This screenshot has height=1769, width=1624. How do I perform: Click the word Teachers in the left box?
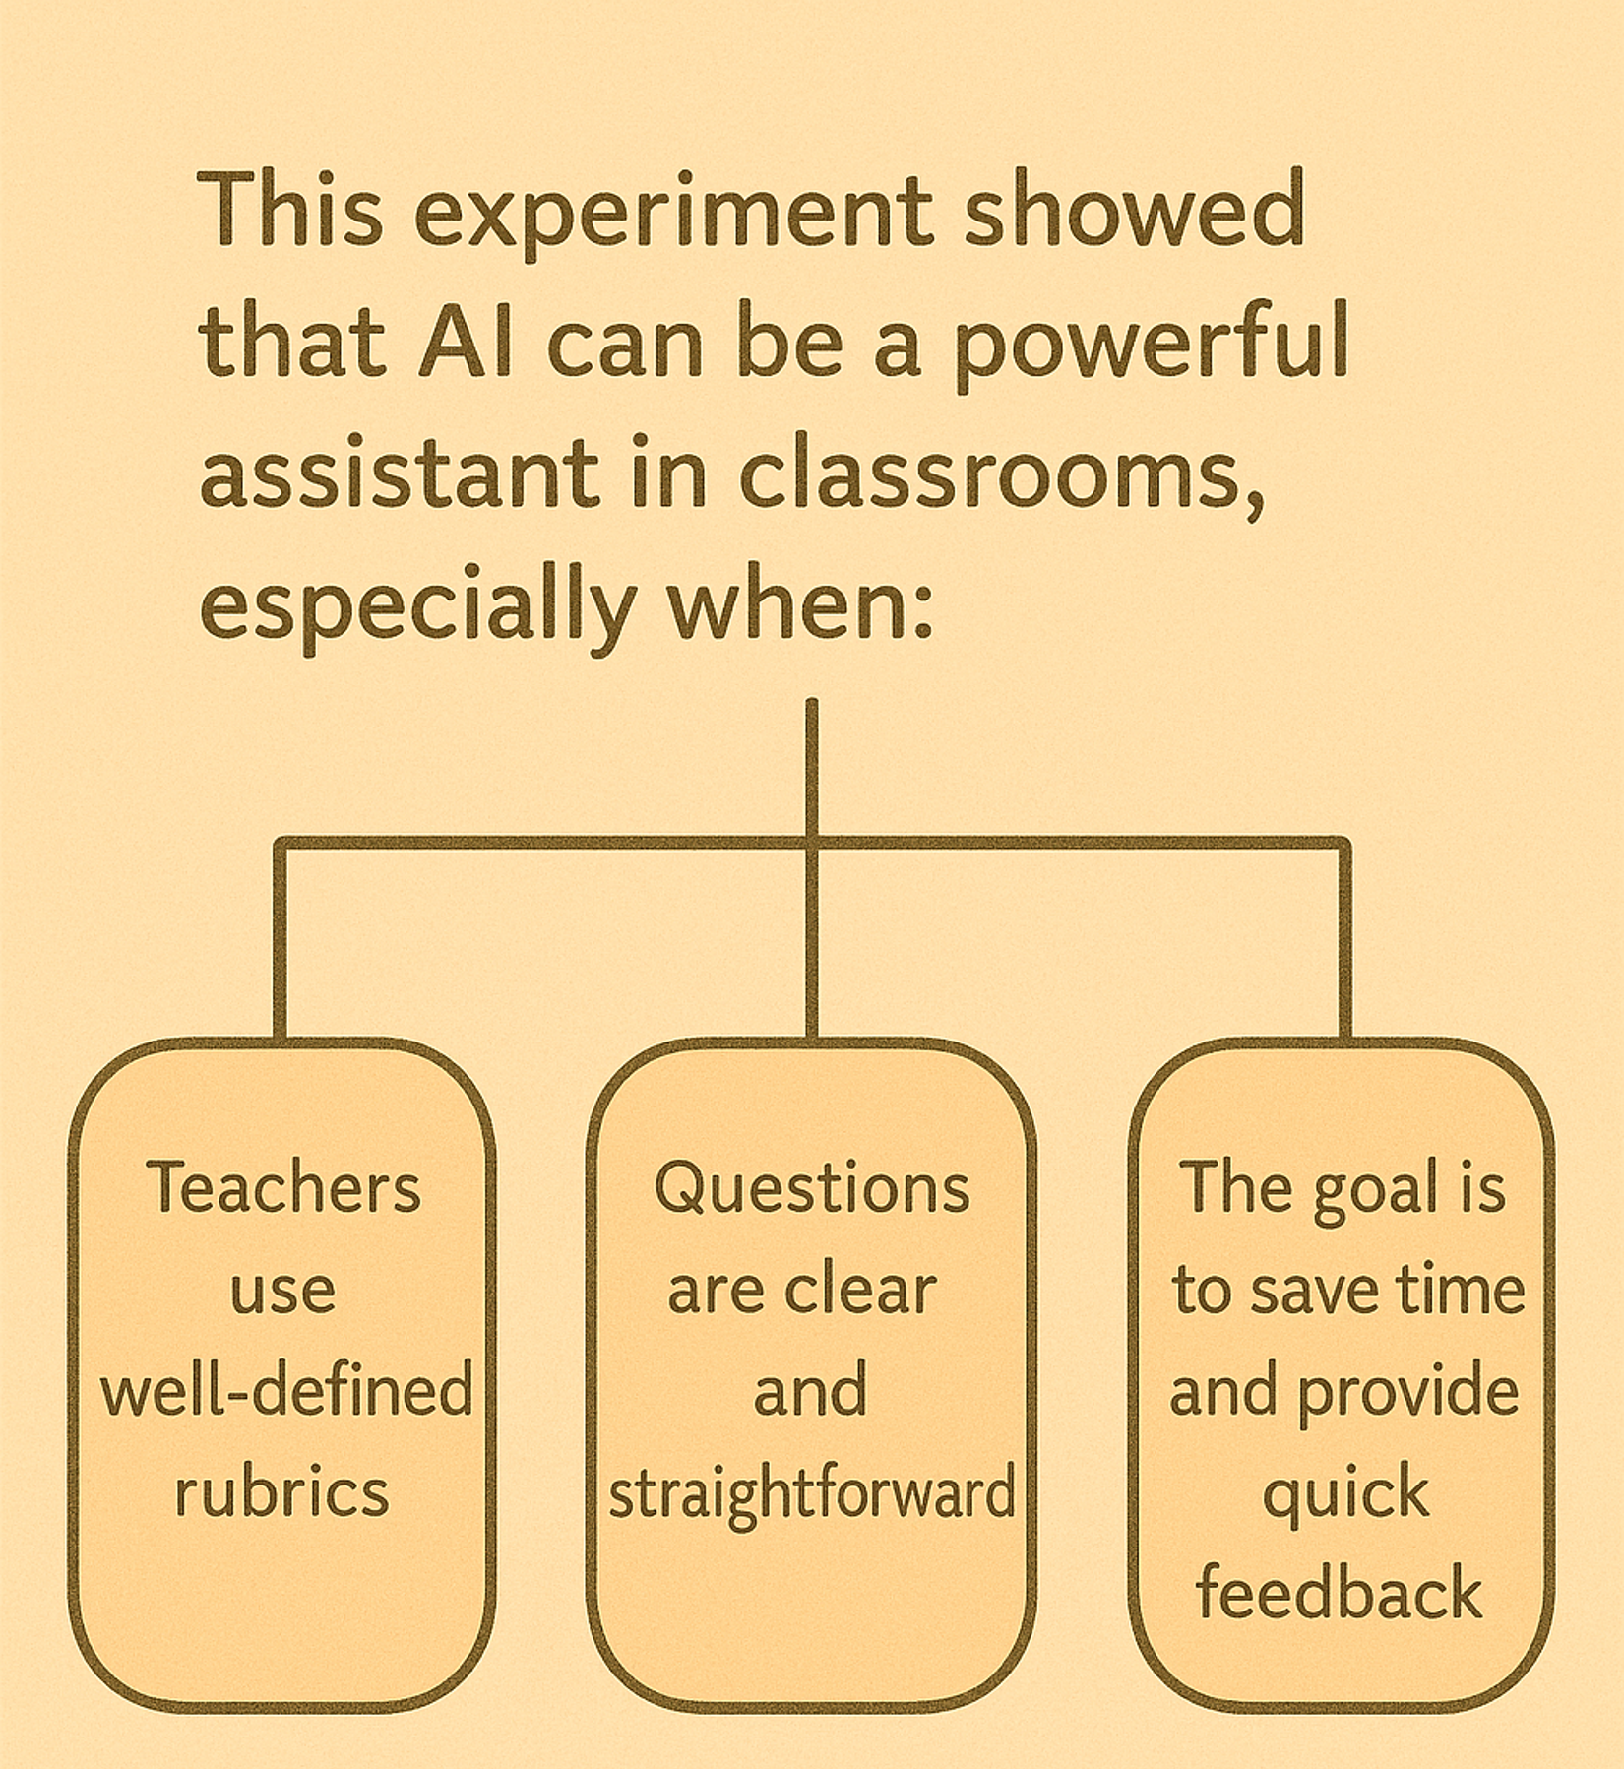pos(283,1187)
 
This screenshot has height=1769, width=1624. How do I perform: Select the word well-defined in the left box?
pos(286,1390)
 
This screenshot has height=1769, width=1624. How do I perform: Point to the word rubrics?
pos(282,1490)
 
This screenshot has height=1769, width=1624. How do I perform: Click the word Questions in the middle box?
pos(812,1188)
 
